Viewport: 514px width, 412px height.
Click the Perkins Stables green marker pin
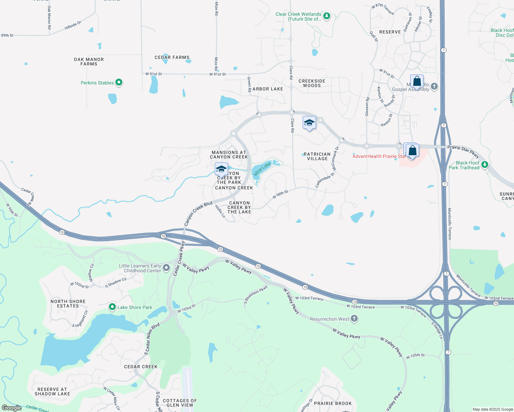pyautogui.click(x=119, y=82)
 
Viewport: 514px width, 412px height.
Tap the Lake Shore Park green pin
pyautogui.click(x=112, y=307)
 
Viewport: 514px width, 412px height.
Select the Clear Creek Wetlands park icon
pyautogui.click(x=327, y=16)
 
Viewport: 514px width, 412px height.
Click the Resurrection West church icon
pyautogui.click(x=354, y=319)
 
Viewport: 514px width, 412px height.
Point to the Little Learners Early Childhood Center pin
pyautogui.click(x=166, y=268)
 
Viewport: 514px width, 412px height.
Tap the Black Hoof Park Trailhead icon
pyautogui.click(x=485, y=165)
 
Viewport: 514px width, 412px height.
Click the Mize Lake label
pyautogui.click(x=262, y=169)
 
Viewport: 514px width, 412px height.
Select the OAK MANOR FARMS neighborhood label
pyautogui.click(x=89, y=62)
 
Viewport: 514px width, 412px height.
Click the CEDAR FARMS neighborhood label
pyautogui.click(x=172, y=57)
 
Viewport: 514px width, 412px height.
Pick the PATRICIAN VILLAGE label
pyautogui.click(x=317, y=156)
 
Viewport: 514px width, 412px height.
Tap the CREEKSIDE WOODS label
pyautogui.click(x=312, y=83)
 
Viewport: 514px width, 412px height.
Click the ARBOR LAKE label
pyautogui.click(x=268, y=89)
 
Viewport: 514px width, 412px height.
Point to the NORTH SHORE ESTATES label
pyautogui.click(x=68, y=304)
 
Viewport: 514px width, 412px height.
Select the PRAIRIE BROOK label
pyautogui.click(x=333, y=403)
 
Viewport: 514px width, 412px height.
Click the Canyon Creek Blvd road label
pyautogui.click(x=198, y=214)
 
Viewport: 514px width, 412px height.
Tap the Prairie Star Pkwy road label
pyautogui.click(x=463, y=151)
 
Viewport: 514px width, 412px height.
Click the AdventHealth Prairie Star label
pyautogui.click(x=379, y=156)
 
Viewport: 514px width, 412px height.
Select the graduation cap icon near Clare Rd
pyautogui.click(x=309, y=123)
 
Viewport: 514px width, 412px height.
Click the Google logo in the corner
pyautogui.click(x=12, y=408)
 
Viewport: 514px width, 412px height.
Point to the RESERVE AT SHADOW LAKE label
pyautogui.click(x=52, y=391)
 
